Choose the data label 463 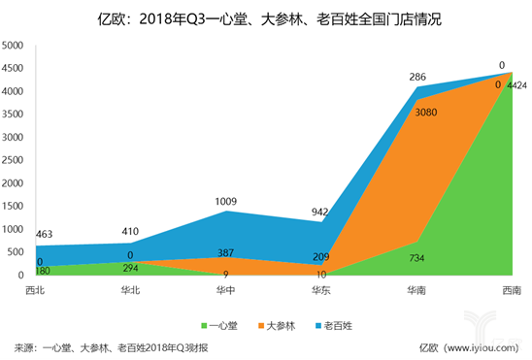click(46, 235)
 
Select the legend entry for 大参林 click(278, 322)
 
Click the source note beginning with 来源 click(112, 347)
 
